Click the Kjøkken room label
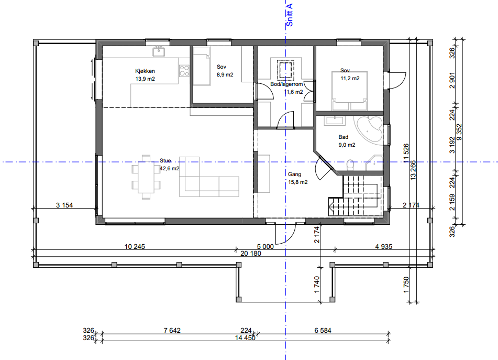(x=145, y=71)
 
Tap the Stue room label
(x=165, y=161)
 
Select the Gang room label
(x=294, y=174)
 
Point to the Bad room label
(x=344, y=137)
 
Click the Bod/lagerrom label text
(x=286, y=84)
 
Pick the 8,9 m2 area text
(x=225, y=74)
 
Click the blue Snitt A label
(x=289, y=15)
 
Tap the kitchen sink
(x=159, y=51)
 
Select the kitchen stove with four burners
(x=184, y=70)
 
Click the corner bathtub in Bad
(x=369, y=129)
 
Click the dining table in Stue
(x=146, y=177)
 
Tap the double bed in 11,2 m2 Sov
(x=349, y=91)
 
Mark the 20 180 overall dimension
(x=251, y=253)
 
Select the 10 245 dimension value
(x=135, y=247)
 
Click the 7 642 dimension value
(x=172, y=331)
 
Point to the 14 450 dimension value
(x=245, y=338)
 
